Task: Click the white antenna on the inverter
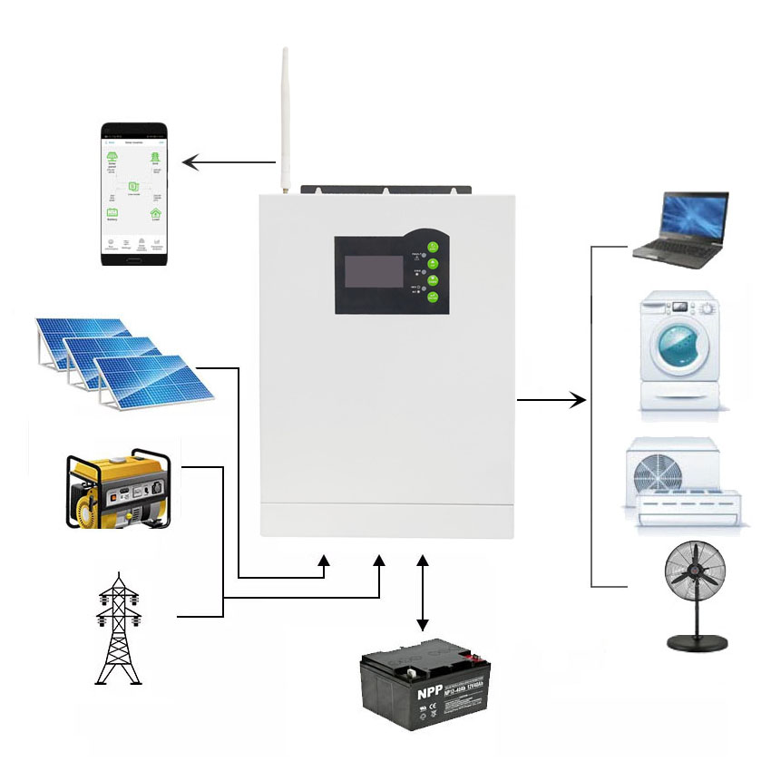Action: click(x=284, y=118)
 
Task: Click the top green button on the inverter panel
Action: click(x=434, y=246)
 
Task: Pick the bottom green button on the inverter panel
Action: click(x=434, y=298)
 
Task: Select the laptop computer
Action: click(x=682, y=229)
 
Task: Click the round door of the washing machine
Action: click(x=679, y=346)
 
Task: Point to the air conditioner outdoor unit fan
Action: click(x=660, y=473)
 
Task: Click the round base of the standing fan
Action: click(x=697, y=643)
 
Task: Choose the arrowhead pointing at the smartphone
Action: click(x=189, y=163)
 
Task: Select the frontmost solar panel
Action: click(x=154, y=378)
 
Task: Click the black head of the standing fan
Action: click(x=695, y=571)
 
